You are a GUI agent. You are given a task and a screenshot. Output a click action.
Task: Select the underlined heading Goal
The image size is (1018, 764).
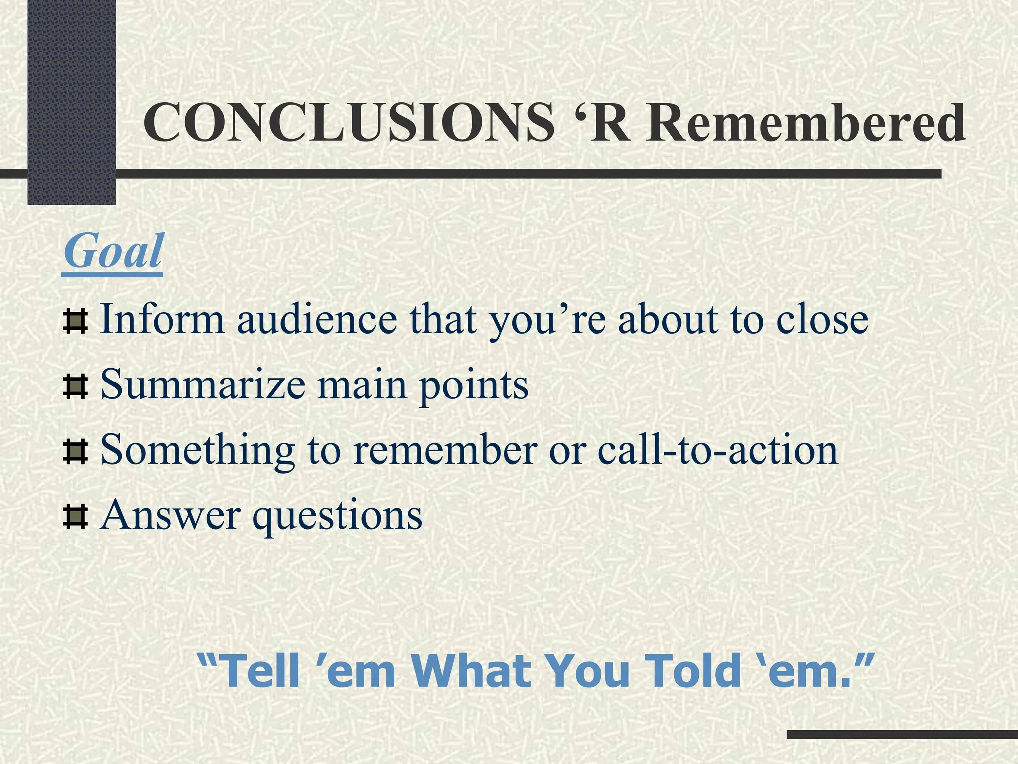tap(113, 251)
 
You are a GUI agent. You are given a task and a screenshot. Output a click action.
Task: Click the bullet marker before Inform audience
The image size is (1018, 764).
tap(76, 321)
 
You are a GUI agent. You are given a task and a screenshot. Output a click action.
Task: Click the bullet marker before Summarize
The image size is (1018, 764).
tap(76, 387)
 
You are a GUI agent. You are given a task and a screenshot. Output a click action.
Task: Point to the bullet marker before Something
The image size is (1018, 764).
tap(76, 452)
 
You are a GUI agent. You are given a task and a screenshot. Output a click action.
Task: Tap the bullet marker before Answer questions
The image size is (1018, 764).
tap(76, 517)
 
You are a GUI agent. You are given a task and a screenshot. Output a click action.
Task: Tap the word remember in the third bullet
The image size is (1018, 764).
tap(445, 450)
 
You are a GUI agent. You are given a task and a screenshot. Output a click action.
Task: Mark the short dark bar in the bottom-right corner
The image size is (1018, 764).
tap(902, 734)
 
